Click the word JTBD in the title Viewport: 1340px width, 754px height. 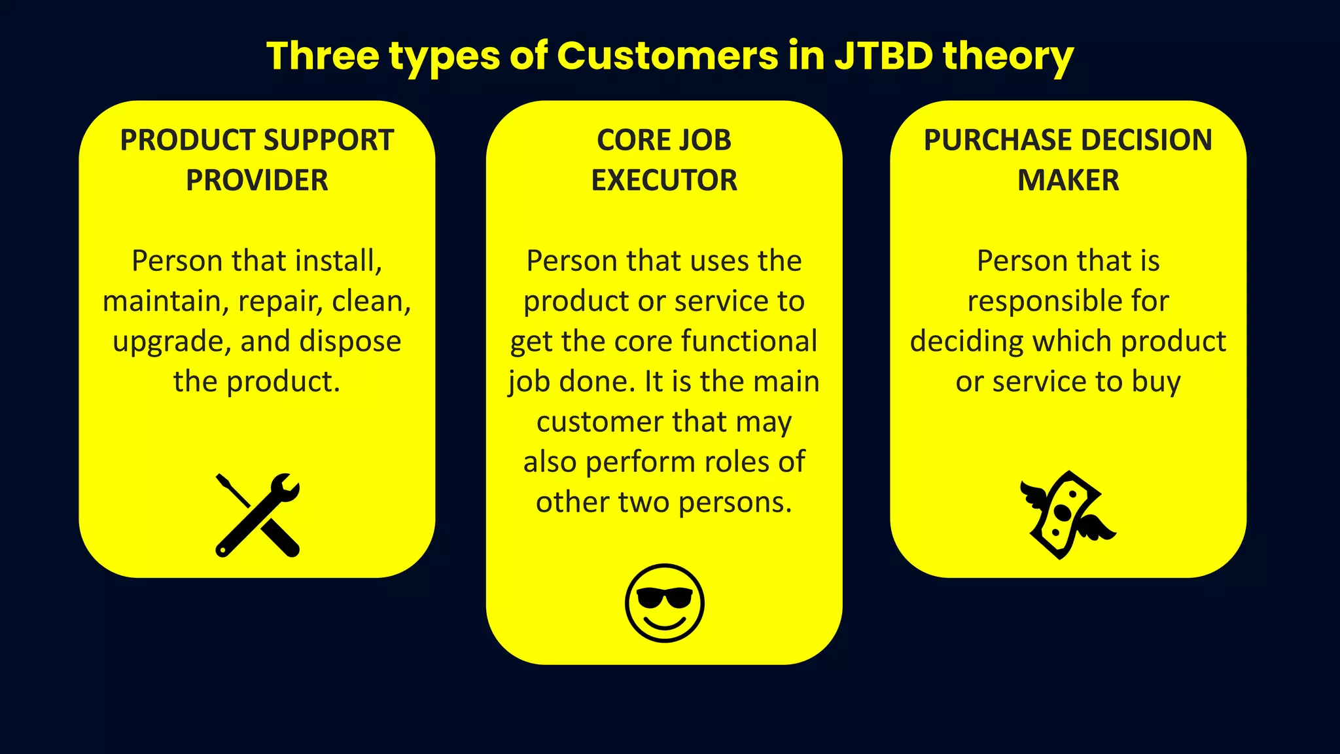(883, 56)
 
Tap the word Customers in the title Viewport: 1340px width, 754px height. (667, 56)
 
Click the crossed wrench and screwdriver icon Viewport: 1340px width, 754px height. (257, 515)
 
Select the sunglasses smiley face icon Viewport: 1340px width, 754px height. (664, 603)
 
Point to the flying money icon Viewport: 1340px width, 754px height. (1067, 515)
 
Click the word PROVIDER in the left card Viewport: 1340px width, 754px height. (257, 180)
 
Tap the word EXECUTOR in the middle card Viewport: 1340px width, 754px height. (664, 180)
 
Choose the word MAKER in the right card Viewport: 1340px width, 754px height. (1068, 180)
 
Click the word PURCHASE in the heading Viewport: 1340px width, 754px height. (998, 140)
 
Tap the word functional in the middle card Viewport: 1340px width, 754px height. (749, 341)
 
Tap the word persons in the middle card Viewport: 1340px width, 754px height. (735, 503)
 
